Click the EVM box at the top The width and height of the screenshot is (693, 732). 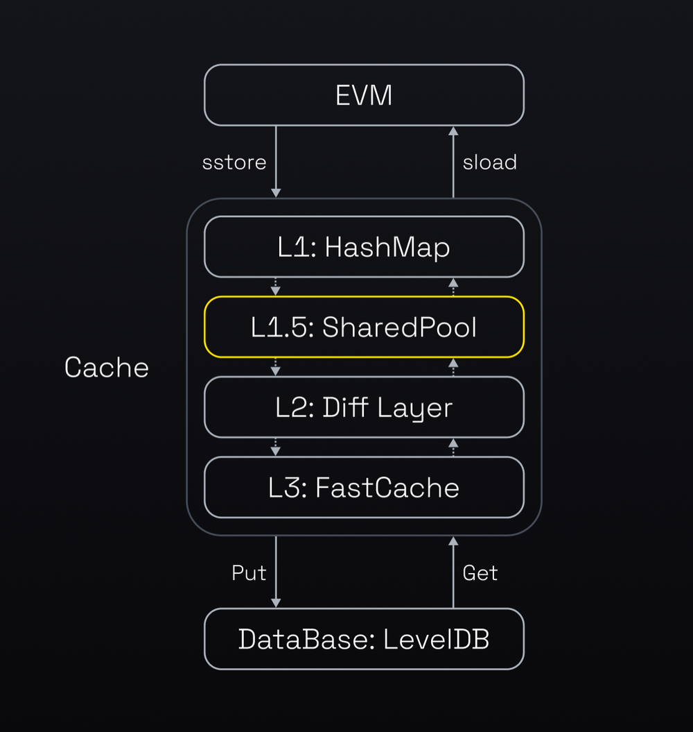[364, 95]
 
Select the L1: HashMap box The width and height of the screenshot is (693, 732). [364, 247]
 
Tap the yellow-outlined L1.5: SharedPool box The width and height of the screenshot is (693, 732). [364, 327]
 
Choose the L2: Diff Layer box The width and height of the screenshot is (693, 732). [364, 407]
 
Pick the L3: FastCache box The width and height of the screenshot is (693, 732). [364, 487]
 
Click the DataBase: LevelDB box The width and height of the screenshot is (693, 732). [364, 639]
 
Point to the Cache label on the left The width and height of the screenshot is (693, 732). [107, 367]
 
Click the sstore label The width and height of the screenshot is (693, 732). [234, 162]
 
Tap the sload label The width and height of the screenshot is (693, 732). [490, 162]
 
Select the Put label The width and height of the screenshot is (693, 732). [249, 572]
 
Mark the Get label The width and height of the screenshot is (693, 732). [480, 572]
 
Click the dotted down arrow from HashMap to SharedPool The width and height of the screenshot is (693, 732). [276, 287]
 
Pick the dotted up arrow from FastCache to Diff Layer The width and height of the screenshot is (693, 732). [453, 447]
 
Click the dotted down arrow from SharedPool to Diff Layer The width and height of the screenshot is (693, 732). [276, 367]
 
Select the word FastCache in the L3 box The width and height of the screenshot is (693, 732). [387, 488]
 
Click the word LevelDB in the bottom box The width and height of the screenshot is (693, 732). [437, 639]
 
